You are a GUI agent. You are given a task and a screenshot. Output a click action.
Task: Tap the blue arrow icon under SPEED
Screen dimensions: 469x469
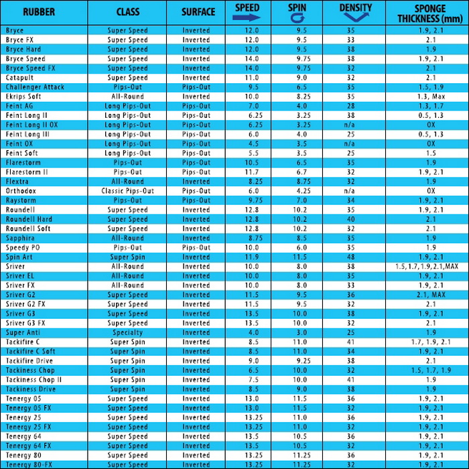(247, 18)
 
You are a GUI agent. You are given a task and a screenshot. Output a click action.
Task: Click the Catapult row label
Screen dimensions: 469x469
(21, 78)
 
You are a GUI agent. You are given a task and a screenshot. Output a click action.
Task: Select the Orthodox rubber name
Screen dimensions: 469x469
(21, 191)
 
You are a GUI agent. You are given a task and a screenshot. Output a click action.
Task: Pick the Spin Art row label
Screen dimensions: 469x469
(21, 257)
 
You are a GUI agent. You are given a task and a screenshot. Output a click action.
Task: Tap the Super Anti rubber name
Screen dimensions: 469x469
(23, 332)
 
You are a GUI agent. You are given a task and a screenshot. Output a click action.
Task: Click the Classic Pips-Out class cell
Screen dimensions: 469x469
(127, 191)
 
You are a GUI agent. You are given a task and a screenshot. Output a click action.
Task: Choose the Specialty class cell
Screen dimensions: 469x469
(127, 332)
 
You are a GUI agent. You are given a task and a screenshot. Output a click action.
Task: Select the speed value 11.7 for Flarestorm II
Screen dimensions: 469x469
(251, 172)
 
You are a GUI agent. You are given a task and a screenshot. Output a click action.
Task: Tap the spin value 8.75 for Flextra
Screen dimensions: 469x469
(301, 182)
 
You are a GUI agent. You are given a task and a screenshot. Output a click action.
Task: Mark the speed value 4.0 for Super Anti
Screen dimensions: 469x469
(251, 332)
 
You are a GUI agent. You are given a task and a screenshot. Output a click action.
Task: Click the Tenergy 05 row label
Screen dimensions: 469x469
(23, 399)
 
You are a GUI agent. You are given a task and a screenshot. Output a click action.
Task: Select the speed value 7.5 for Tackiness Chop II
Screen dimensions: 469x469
(251, 380)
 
